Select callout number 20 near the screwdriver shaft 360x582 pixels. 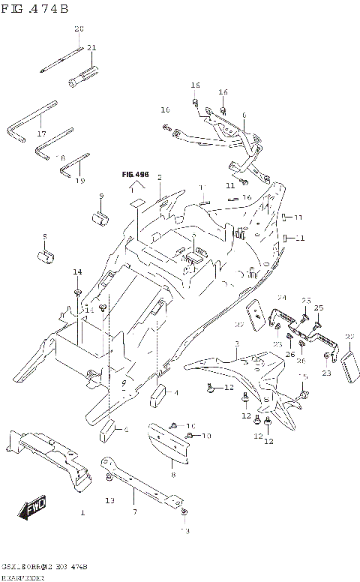click(x=79, y=28)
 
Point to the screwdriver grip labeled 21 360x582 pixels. click(x=83, y=75)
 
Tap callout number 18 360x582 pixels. click(x=61, y=157)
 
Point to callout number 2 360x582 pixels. click(x=159, y=177)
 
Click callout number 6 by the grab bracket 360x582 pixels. click(x=244, y=115)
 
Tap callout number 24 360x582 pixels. click(x=282, y=298)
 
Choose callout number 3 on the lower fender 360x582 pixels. click(x=235, y=344)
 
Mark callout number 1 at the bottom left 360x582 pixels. click(x=83, y=513)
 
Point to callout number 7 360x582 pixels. click(x=134, y=512)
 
